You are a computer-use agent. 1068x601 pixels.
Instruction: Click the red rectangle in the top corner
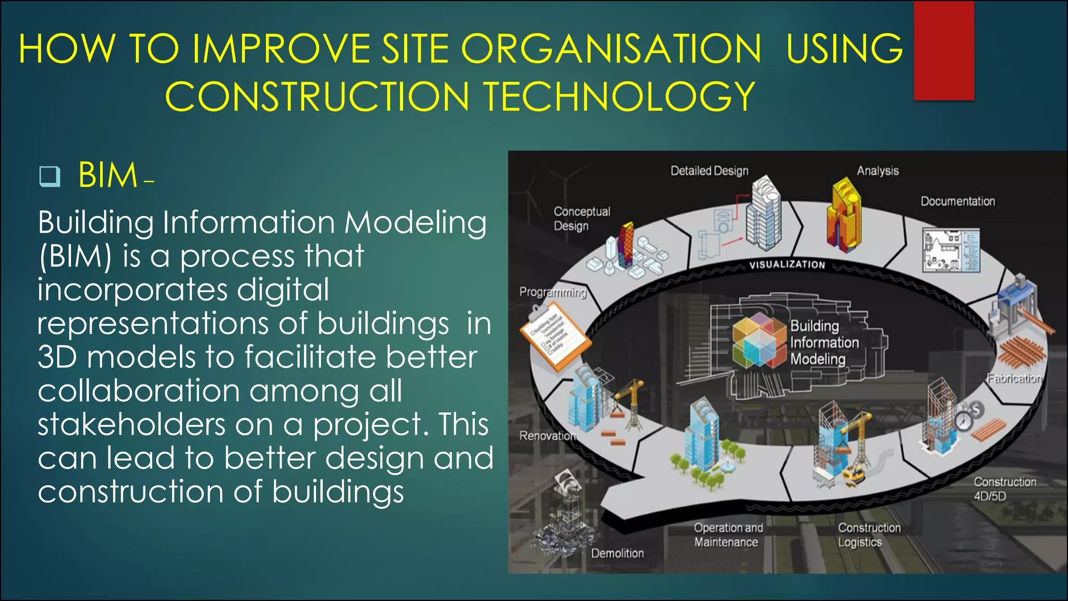pyautogui.click(x=944, y=51)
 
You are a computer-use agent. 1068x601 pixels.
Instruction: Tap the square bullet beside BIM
pyautogui.click(x=50, y=176)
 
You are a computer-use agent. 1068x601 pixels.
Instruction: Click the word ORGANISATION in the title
pyautogui.click(x=611, y=49)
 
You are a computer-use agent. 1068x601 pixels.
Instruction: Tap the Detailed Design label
pyautogui.click(x=709, y=171)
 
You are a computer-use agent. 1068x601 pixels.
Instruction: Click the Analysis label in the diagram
pyautogui.click(x=878, y=171)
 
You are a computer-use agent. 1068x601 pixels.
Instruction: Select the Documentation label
pyautogui.click(x=957, y=201)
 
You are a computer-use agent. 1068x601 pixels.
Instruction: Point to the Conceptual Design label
pyautogui.click(x=581, y=219)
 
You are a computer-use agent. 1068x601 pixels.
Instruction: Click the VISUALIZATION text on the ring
pyautogui.click(x=787, y=265)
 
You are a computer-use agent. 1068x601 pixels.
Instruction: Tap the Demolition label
pyautogui.click(x=617, y=553)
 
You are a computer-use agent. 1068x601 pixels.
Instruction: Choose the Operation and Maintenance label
pyautogui.click(x=728, y=535)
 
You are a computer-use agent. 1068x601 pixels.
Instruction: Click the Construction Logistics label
pyautogui.click(x=869, y=535)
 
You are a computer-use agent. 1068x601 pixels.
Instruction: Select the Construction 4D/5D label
pyautogui.click(x=1004, y=489)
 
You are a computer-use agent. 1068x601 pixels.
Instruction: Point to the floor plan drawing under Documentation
pyautogui.click(x=950, y=250)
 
